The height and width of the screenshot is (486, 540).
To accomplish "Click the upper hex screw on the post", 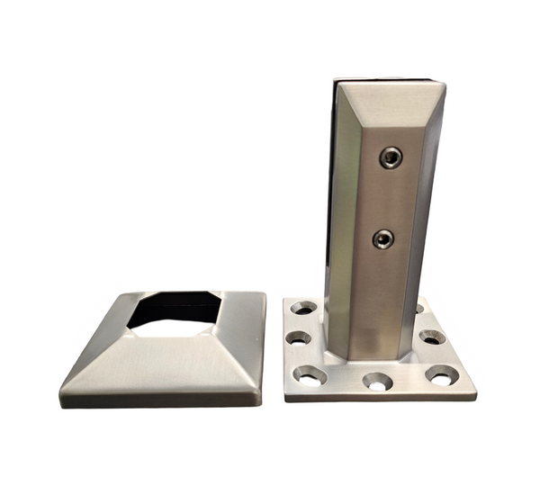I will (x=391, y=158).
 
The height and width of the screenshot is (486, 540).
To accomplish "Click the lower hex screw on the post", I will (x=383, y=239).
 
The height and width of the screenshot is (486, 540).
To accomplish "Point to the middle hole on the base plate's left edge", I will (x=299, y=339).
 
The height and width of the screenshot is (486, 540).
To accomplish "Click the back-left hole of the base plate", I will (x=303, y=309).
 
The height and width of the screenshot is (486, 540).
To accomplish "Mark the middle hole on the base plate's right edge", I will (x=432, y=337).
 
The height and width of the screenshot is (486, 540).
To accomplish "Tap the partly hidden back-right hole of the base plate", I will (x=419, y=309).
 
